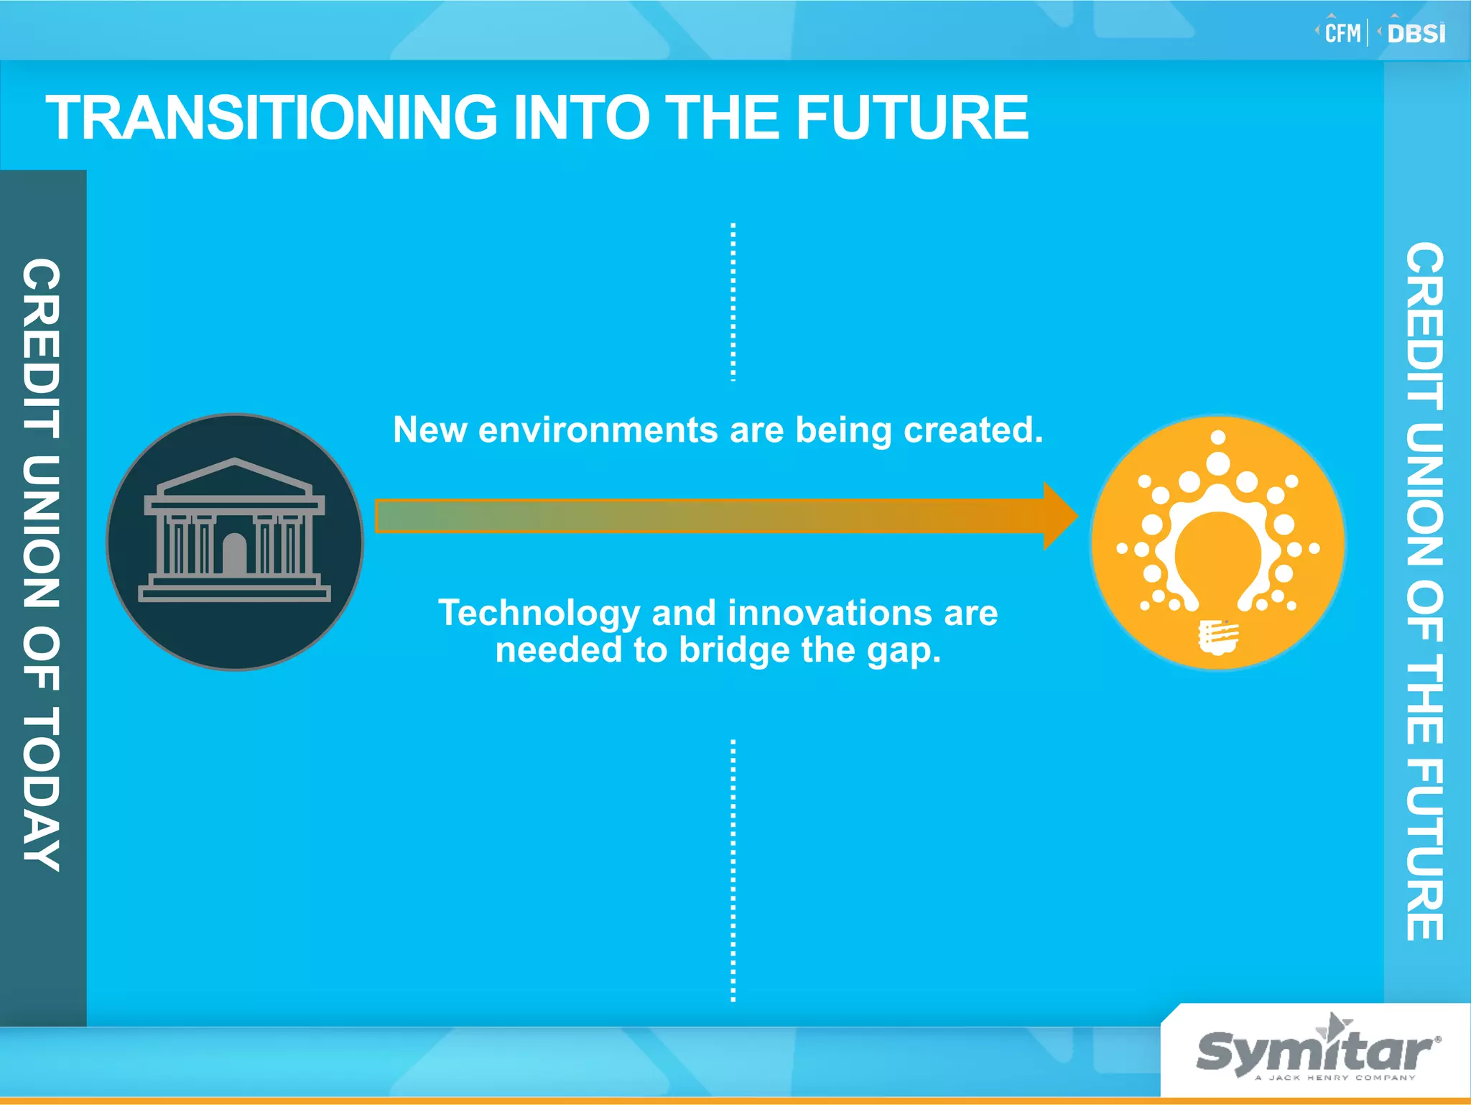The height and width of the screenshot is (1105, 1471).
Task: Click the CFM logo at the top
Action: [1342, 33]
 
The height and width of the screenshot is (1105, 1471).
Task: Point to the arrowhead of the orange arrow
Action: [1059, 516]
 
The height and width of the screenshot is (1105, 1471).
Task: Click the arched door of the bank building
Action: [234, 554]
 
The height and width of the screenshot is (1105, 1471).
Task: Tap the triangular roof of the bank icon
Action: [234, 478]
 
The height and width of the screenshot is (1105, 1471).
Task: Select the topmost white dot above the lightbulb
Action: [1218, 437]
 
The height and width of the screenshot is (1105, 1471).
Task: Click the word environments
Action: [598, 430]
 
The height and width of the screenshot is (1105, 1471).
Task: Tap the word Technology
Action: [539, 613]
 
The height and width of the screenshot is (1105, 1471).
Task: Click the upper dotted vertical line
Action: [733, 302]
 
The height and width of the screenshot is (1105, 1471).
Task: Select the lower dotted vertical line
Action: [733, 869]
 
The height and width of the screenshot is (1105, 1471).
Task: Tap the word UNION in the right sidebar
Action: [1424, 496]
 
